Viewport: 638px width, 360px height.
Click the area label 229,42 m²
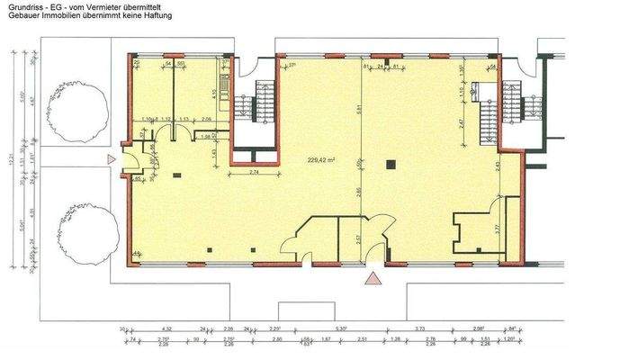pyautogui.click(x=319, y=160)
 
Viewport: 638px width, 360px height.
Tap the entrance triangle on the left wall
pyautogui.click(x=110, y=159)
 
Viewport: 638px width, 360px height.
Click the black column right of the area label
pyautogui.click(x=391, y=165)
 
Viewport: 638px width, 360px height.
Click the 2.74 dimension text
pyautogui.click(x=255, y=171)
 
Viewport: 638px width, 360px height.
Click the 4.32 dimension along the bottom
pyautogui.click(x=166, y=330)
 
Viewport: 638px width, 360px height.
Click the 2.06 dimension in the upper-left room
pyautogui.click(x=206, y=119)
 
